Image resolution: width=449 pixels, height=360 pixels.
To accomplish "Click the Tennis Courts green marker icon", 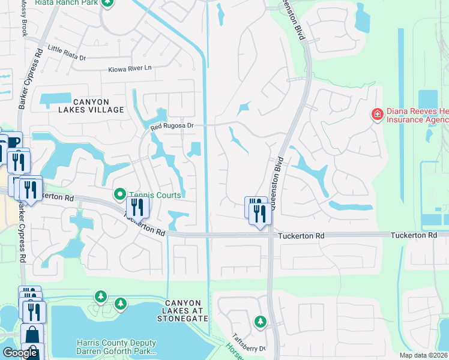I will tap(119, 194).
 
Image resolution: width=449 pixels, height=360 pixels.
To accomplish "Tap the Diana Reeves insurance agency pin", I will tap(377, 114).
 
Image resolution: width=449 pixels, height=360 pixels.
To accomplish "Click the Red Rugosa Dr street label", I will tap(173, 126).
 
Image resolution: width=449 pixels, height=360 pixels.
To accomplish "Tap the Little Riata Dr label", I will tap(67, 53).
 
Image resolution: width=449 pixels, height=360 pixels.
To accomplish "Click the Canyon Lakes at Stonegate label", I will tap(186, 310).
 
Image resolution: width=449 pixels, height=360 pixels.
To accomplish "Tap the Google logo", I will tap(20, 353).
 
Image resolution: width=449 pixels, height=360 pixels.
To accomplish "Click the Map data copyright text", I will tap(424, 355).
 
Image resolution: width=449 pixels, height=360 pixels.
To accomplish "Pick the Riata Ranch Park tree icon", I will tap(107, 3).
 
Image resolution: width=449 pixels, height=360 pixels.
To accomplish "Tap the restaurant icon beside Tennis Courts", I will tap(138, 207).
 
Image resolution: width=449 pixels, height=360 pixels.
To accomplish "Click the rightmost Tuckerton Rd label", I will tap(414, 235).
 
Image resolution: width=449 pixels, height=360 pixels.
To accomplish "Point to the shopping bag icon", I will tap(31, 335).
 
